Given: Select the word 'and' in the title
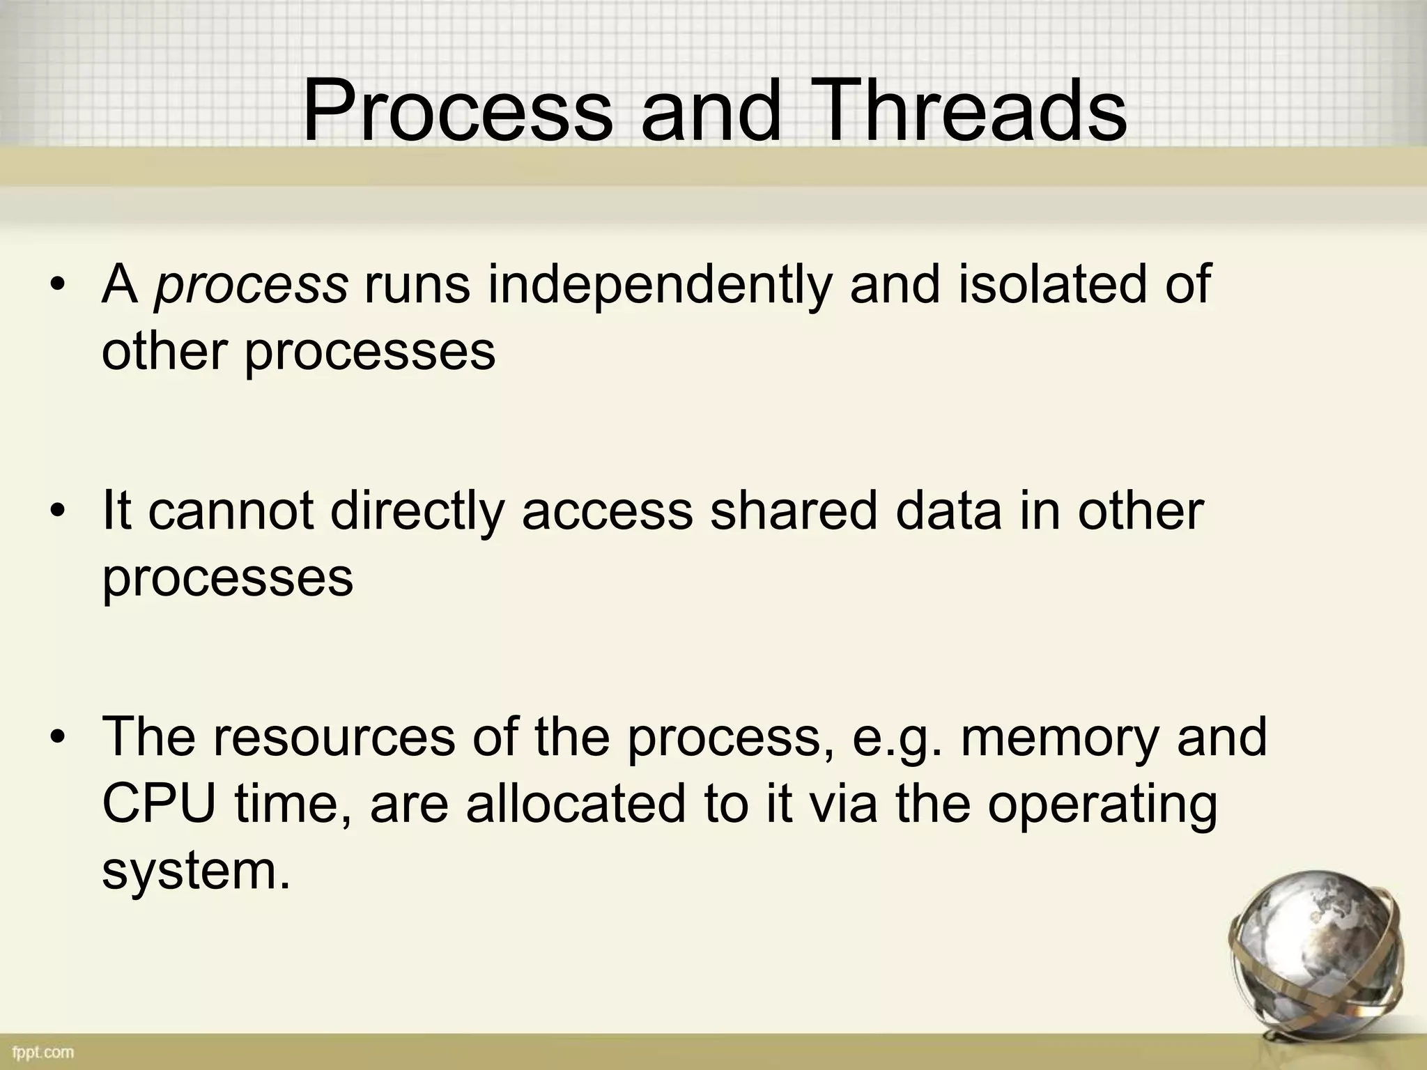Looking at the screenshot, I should click(x=711, y=111).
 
